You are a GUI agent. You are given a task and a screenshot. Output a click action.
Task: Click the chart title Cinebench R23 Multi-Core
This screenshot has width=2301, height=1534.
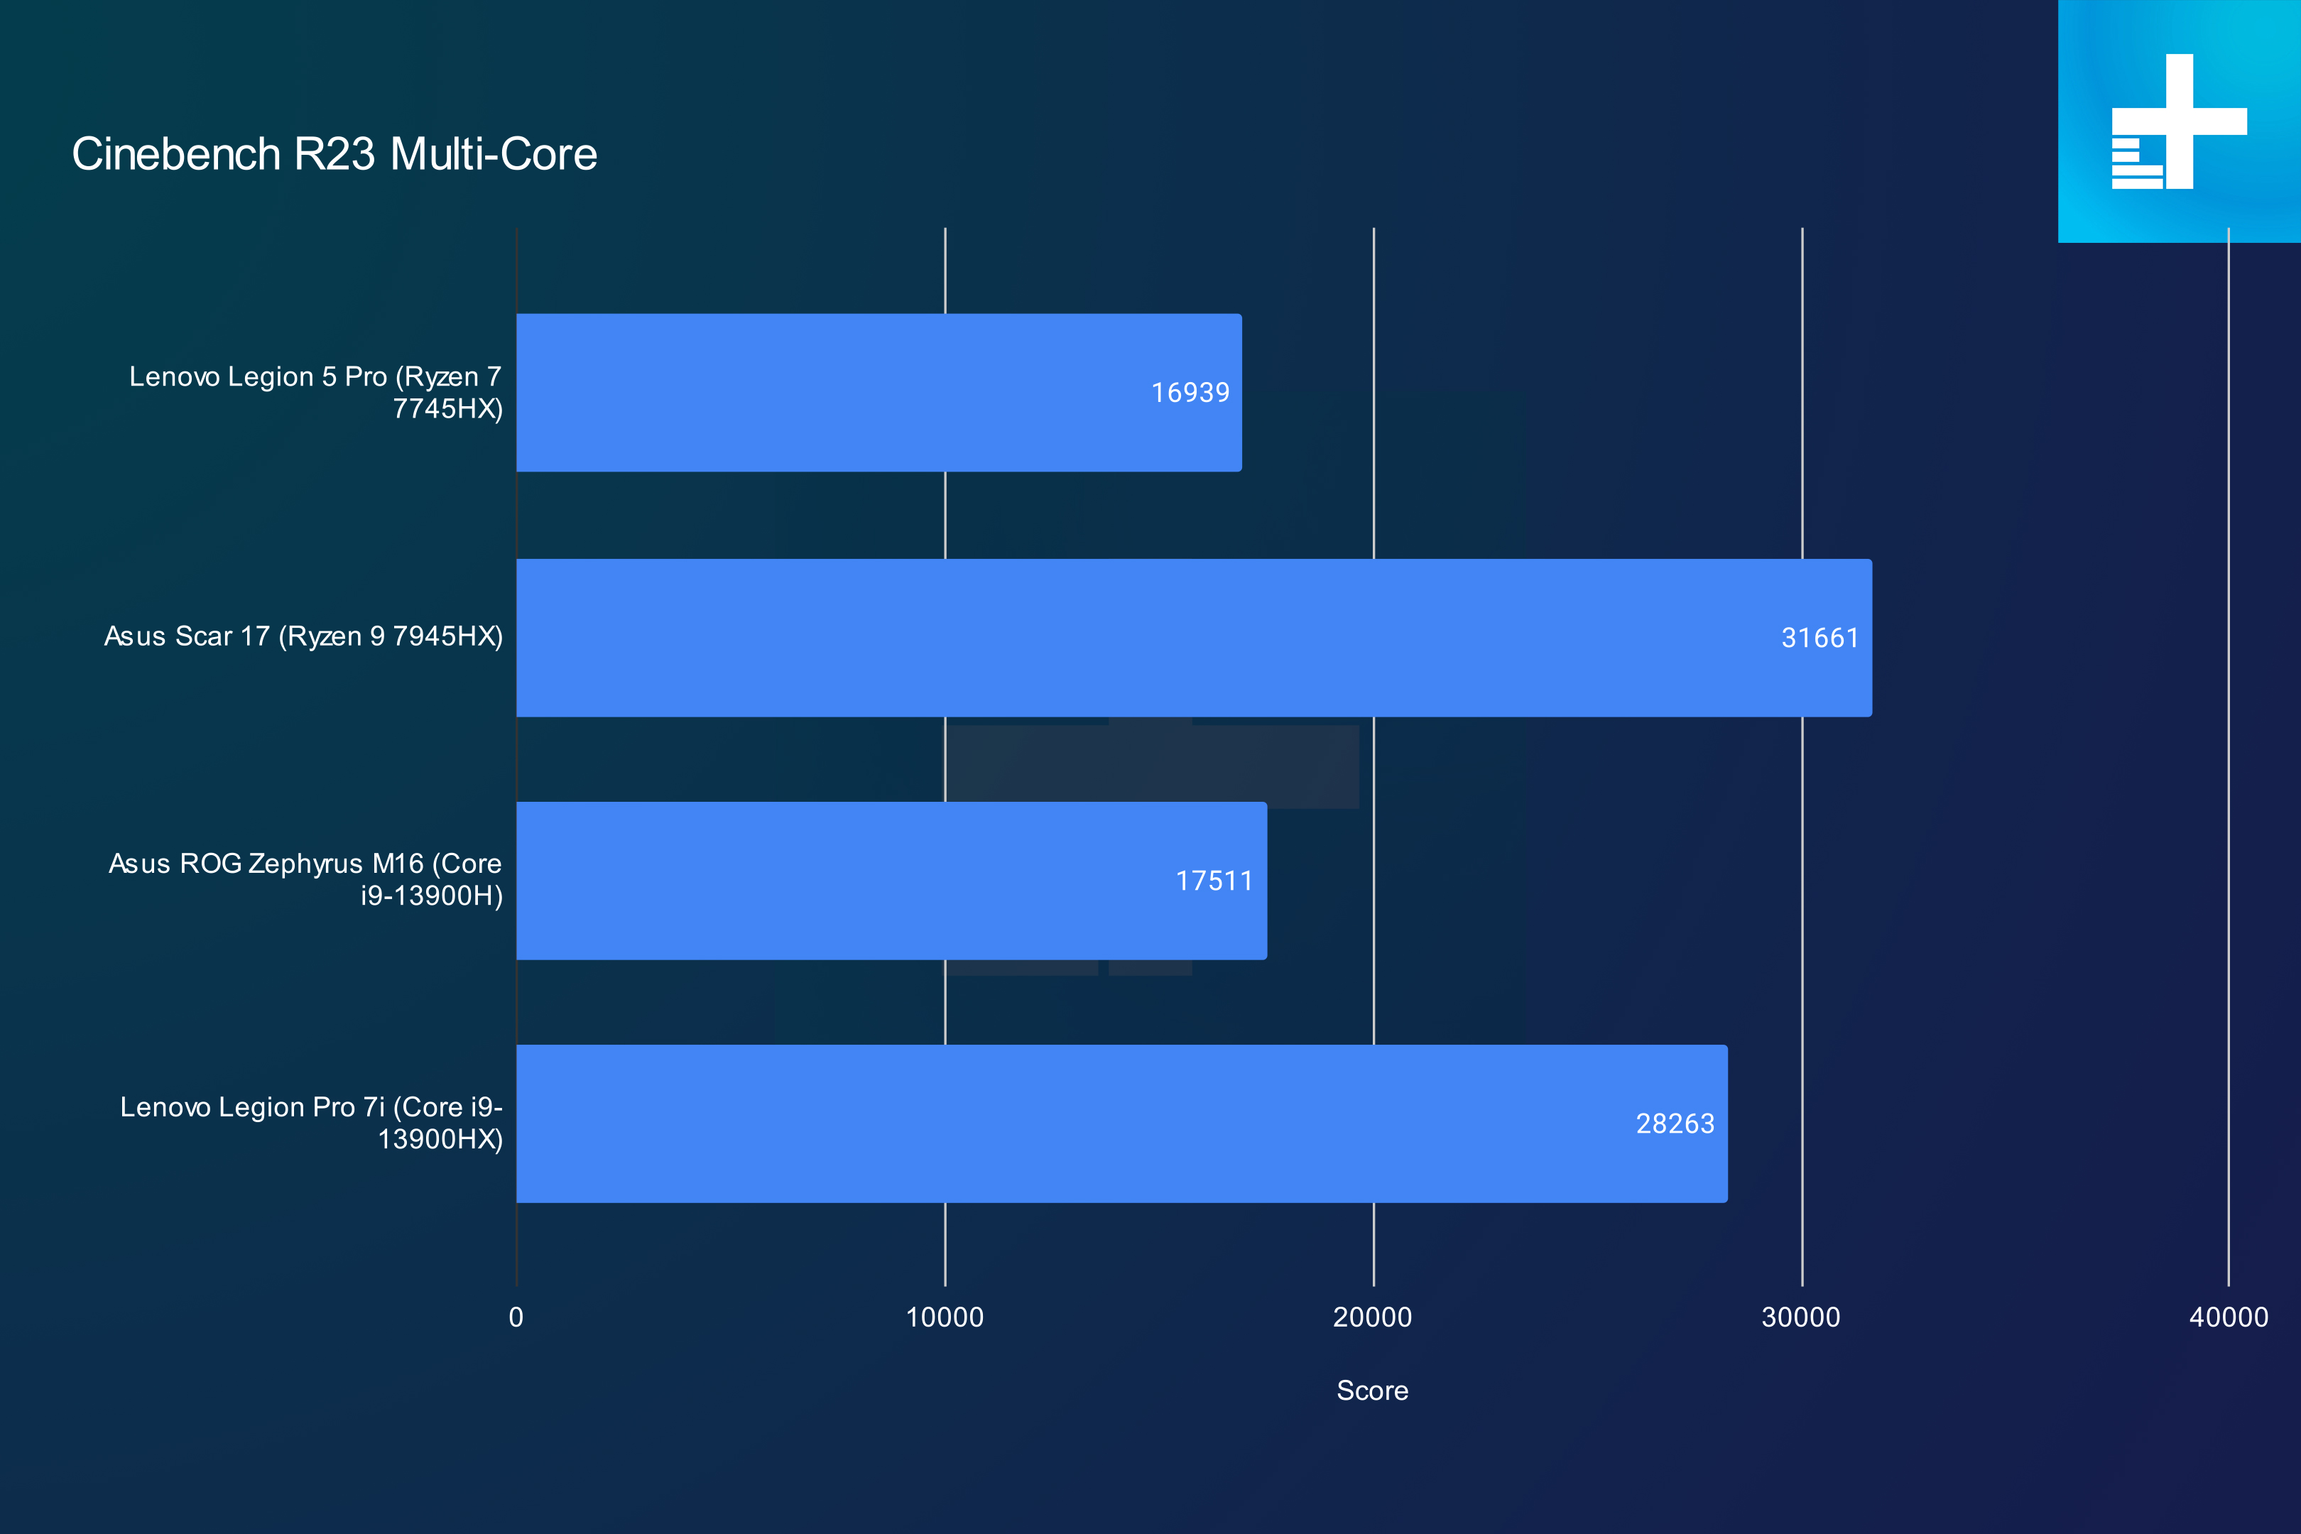(334, 155)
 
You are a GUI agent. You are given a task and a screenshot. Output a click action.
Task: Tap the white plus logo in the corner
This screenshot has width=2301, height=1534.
(2180, 121)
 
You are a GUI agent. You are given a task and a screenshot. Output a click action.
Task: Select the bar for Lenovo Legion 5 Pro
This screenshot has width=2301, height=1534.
(878, 392)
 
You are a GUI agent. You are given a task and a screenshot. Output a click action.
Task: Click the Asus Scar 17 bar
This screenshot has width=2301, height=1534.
(1194, 638)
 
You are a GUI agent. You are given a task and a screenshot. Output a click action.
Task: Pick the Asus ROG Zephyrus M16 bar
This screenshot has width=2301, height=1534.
(891, 881)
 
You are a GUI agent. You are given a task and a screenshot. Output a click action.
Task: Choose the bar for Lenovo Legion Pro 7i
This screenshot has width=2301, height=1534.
(1121, 1123)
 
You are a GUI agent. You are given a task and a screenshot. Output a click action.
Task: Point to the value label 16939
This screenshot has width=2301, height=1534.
(1190, 392)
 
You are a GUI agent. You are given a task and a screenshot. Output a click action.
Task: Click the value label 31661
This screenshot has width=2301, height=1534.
(1819, 638)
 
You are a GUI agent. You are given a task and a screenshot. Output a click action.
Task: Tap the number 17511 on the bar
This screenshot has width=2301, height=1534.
(1214, 881)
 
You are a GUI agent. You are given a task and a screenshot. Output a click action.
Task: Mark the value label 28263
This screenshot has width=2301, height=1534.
(1675, 1123)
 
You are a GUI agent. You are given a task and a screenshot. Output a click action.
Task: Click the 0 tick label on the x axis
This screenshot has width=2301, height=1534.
(516, 1317)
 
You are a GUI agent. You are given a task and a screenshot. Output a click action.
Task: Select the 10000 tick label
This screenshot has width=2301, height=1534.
(945, 1317)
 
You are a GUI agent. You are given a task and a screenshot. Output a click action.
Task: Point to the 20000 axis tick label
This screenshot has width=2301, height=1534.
(1373, 1317)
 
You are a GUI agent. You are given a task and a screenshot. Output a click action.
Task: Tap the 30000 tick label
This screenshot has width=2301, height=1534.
(1801, 1317)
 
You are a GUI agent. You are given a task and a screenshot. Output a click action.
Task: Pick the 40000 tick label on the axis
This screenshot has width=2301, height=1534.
(2229, 1317)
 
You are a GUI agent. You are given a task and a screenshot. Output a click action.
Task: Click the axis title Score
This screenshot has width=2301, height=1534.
(1373, 1391)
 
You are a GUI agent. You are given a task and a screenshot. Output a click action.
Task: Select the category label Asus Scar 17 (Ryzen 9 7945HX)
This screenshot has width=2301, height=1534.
(303, 637)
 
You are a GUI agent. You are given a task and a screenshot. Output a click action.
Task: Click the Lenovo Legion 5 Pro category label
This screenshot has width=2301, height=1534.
(316, 392)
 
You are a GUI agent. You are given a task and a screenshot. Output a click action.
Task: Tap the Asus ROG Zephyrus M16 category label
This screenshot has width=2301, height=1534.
(305, 879)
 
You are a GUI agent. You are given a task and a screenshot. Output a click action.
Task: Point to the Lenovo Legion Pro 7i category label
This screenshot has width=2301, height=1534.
(311, 1123)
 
